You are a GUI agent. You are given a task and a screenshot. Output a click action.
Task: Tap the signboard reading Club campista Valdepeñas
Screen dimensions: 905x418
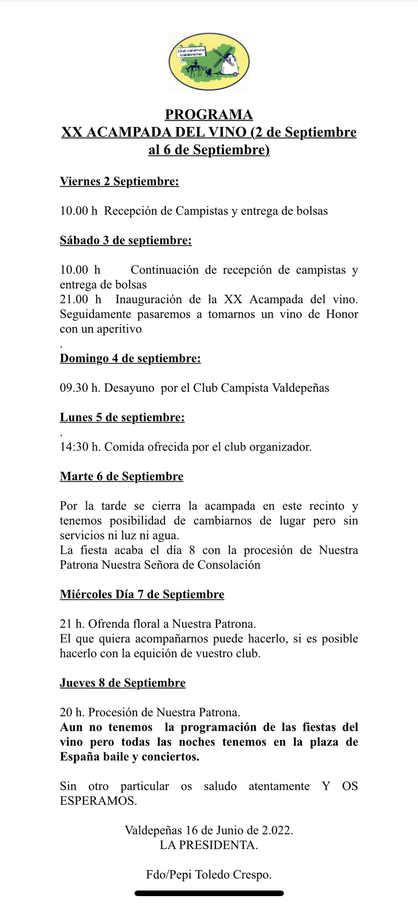point(191,52)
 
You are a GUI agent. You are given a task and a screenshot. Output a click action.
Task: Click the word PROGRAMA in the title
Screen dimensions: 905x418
point(209,115)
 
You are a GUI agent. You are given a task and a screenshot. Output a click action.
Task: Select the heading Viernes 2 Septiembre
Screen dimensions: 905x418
point(119,181)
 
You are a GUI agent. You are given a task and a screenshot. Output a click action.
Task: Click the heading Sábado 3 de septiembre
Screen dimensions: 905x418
point(125,240)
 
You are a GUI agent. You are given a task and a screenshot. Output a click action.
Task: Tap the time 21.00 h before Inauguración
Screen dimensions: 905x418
point(80,300)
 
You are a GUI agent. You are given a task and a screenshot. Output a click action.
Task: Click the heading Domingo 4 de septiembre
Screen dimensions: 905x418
point(130,358)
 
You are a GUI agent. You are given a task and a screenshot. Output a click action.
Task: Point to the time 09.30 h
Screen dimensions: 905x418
point(80,388)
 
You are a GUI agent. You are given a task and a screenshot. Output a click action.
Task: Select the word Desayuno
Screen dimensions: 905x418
point(129,388)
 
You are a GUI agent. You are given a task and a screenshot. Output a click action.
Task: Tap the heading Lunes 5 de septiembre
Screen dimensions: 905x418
point(122,418)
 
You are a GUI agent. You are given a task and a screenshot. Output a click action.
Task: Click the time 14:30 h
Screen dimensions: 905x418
point(80,447)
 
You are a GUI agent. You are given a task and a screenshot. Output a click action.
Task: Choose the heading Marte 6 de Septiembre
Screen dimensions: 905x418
point(121,476)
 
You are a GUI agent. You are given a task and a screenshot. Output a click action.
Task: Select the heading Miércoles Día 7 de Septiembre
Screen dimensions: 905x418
point(142,594)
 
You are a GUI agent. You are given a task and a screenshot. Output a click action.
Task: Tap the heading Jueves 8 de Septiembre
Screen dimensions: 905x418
point(123,683)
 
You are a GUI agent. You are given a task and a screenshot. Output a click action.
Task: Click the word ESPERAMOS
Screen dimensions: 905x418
point(98,801)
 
